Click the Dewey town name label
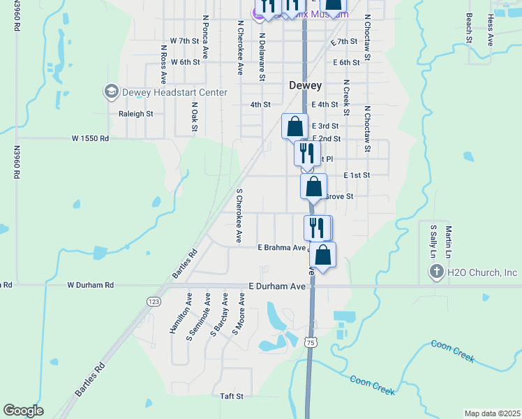tap(306, 85)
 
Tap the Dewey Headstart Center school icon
tap(111, 91)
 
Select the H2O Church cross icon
tap(437, 272)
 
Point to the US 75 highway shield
tap(311, 341)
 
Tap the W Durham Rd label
tap(90, 285)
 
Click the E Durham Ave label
tap(277, 286)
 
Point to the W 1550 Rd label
tap(91, 138)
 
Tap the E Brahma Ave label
tap(282, 247)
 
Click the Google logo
tap(24, 411)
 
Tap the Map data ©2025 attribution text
tap(492, 413)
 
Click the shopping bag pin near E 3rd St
tap(295, 127)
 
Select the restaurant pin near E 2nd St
tap(307, 153)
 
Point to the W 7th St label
tap(184, 41)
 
